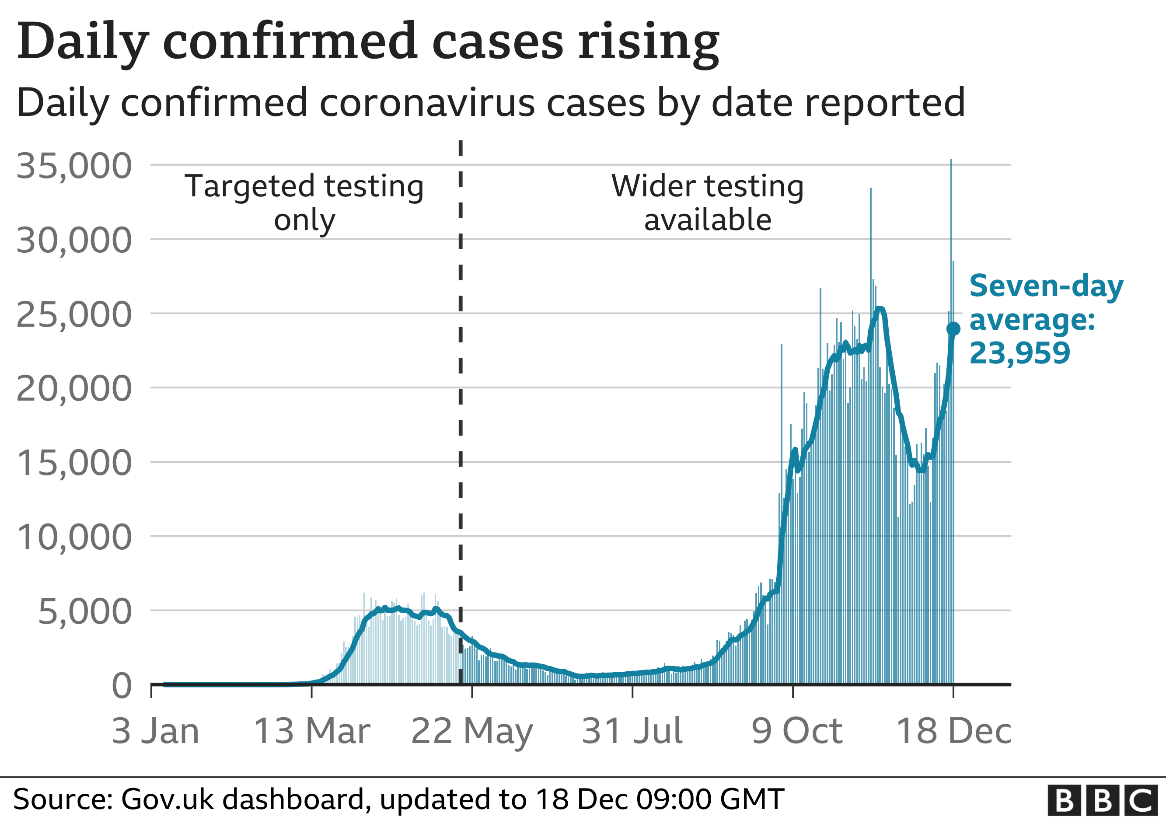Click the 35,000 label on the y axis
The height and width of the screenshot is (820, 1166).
coord(74,166)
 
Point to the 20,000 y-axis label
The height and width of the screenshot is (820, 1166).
coord(74,389)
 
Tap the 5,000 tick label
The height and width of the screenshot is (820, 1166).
coord(85,612)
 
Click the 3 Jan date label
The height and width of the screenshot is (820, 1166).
coord(155,731)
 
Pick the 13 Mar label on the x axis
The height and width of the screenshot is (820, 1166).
coord(312,731)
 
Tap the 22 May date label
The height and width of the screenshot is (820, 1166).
coord(472,731)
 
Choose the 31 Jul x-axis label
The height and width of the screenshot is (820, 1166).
coord(632,731)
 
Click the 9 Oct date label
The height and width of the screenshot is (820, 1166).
coord(797,731)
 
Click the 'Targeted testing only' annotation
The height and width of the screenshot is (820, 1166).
coord(304,202)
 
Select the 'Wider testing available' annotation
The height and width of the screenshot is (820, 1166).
coord(707,202)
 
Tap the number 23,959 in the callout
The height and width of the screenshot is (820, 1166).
coord(1020,353)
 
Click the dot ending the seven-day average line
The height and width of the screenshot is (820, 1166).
coord(953,329)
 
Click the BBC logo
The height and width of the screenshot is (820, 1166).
coord(1103,801)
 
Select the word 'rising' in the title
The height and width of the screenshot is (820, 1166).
coord(649,42)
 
